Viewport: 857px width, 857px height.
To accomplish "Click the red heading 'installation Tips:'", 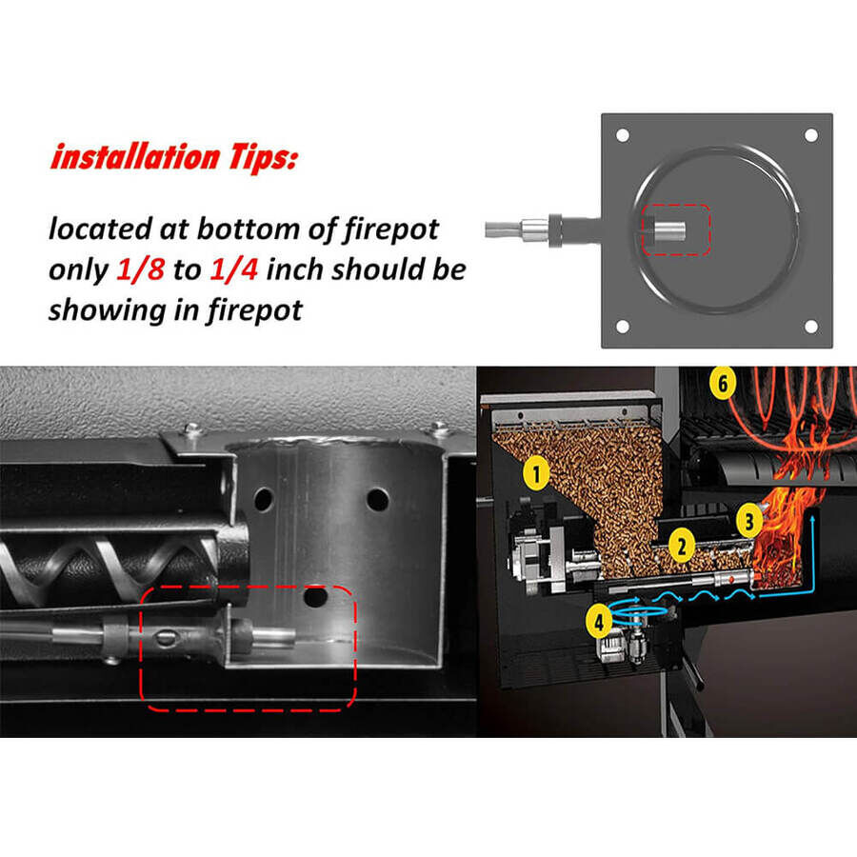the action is (174, 157).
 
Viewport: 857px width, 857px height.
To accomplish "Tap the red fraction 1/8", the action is (141, 269).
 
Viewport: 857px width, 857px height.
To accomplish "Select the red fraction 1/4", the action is (234, 269).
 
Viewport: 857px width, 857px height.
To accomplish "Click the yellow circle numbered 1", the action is (536, 473).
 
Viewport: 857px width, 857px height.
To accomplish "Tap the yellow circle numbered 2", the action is (681, 546).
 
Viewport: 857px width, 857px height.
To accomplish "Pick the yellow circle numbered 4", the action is (599, 621).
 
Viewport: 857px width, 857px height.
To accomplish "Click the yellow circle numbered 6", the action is (723, 383).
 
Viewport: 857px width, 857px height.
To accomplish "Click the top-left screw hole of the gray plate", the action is (623, 135).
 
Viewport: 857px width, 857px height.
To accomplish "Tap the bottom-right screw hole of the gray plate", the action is (811, 327).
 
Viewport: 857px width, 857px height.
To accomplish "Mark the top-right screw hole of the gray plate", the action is (811, 135).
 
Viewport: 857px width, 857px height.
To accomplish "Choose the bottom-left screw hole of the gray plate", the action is (623, 327).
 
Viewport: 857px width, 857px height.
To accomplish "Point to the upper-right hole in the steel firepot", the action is (378, 500).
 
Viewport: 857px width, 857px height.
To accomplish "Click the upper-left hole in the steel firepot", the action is (264, 499).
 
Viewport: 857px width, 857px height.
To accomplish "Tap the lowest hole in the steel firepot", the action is (315, 597).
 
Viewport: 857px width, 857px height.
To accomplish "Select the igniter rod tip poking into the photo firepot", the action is (274, 636).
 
